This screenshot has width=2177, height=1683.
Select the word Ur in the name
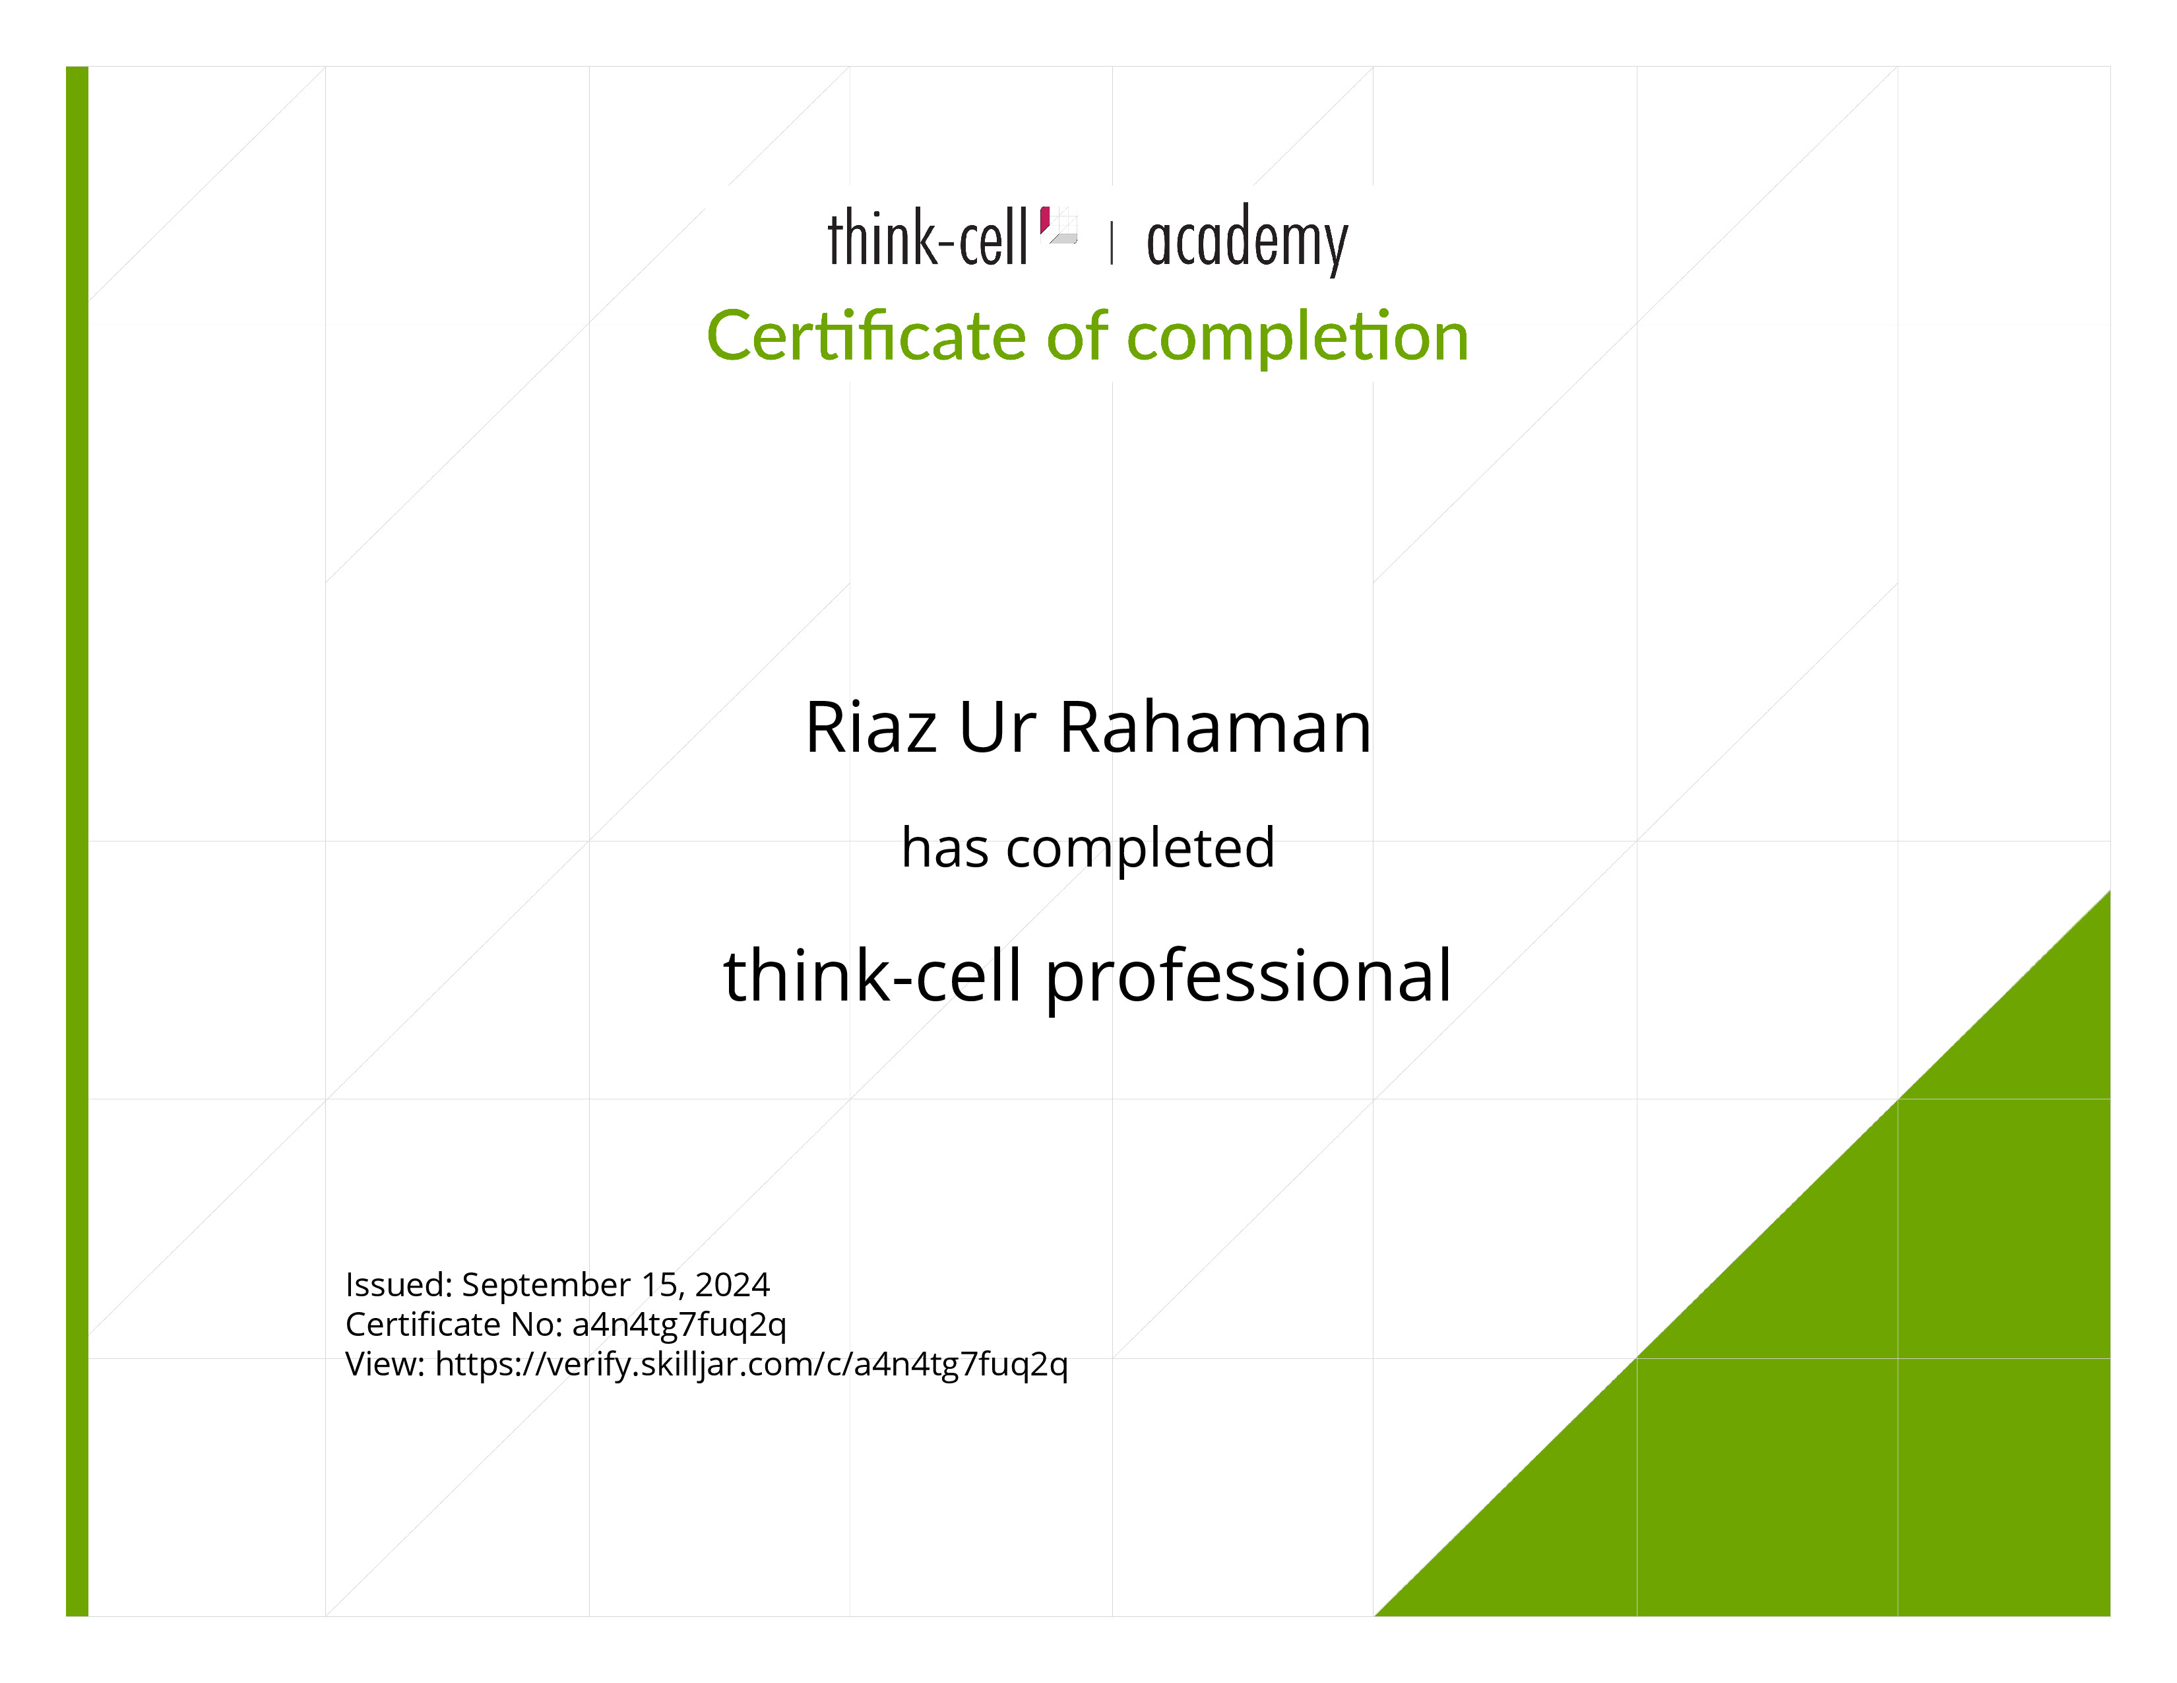(997, 728)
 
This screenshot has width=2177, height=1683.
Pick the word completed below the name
(1141, 851)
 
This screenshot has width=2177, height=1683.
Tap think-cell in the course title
(872, 974)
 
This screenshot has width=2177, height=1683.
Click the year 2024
(733, 1284)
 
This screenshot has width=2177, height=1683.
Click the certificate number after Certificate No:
(679, 1326)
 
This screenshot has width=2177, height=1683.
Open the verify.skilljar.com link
(751, 1365)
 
